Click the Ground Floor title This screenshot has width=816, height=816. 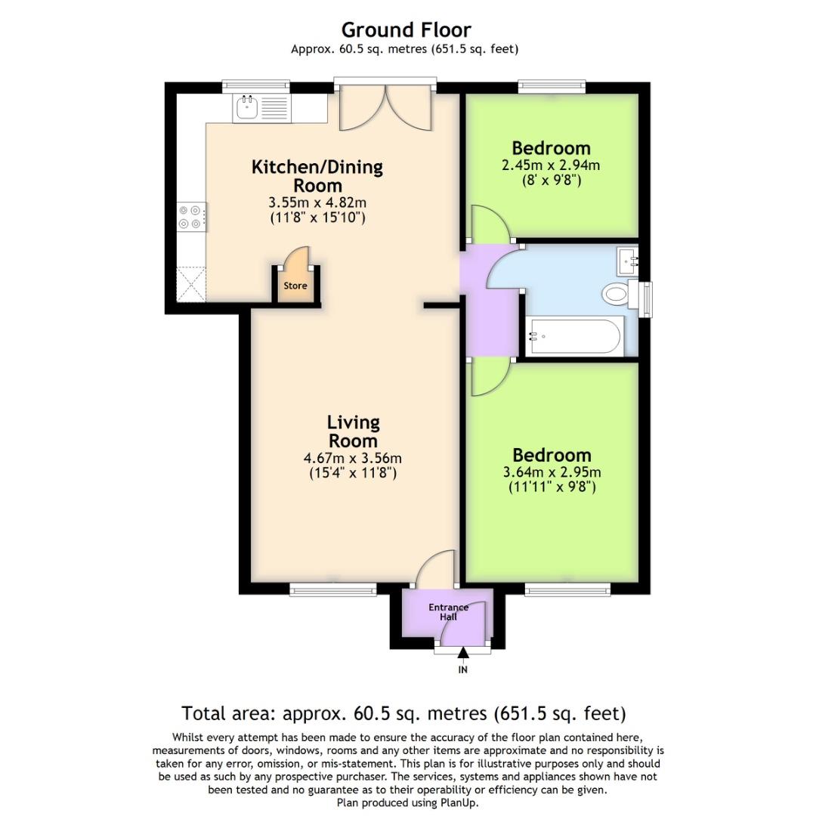[x=406, y=30]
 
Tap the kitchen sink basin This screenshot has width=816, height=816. [x=246, y=108]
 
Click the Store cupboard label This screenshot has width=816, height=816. [x=295, y=286]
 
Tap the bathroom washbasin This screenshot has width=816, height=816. [x=628, y=261]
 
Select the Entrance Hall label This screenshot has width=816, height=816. [x=448, y=612]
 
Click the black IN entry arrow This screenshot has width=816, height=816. [x=462, y=653]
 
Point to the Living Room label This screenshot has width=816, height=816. [x=354, y=431]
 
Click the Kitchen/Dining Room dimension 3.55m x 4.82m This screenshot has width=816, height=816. [x=317, y=202]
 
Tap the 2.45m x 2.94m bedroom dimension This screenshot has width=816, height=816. [x=551, y=165]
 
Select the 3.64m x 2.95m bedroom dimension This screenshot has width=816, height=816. [x=552, y=472]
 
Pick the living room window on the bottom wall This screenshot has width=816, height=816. [x=333, y=589]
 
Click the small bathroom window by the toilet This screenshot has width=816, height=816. [x=646, y=299]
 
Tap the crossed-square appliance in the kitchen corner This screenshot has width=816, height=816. [x=191, y=284]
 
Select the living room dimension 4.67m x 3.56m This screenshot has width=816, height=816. [x=353, y=459]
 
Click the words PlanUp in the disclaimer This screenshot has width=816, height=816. [x=459, y=803]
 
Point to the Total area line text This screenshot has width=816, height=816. [x=403, y=713]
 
